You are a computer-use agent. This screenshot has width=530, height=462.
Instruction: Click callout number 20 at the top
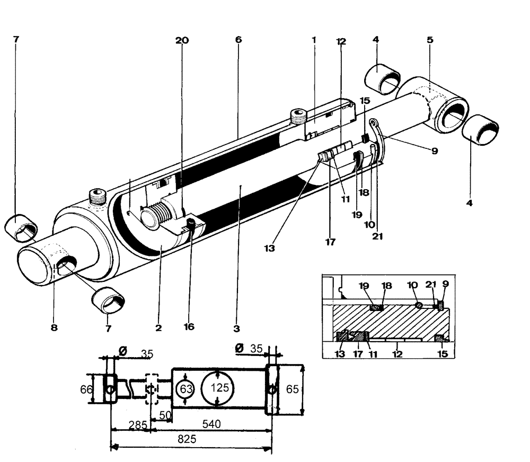[181, 40]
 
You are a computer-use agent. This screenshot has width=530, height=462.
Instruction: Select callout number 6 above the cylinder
[238, 40]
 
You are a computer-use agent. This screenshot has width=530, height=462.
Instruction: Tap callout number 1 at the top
[314, 40]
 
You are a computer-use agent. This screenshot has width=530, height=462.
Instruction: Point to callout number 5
[430, 40]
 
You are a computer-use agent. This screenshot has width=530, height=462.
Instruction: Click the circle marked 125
[217, 388]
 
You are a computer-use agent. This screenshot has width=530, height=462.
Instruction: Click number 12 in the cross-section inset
[396, 353]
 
